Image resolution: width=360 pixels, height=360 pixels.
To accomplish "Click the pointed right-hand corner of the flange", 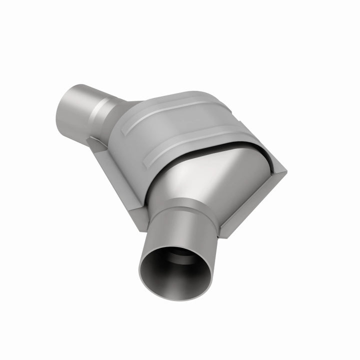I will (286, 171).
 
